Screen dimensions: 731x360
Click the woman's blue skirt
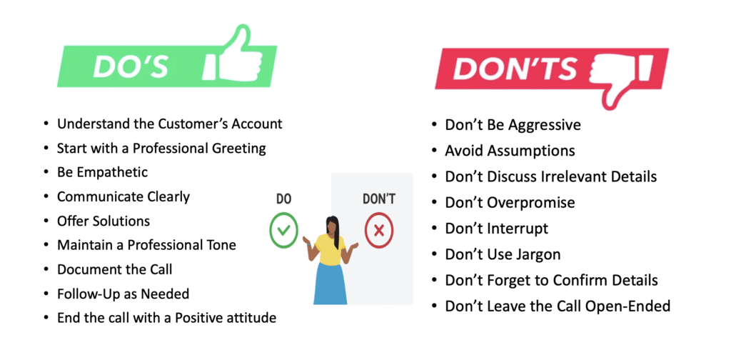click(x=331, y=283)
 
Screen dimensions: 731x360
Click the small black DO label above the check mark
click(x=283, y=199)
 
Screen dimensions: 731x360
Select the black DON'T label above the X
click(x=379, y=199)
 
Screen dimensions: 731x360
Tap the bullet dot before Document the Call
click(x=46, y=269)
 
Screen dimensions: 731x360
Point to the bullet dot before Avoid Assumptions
click(x=434, y=151)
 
